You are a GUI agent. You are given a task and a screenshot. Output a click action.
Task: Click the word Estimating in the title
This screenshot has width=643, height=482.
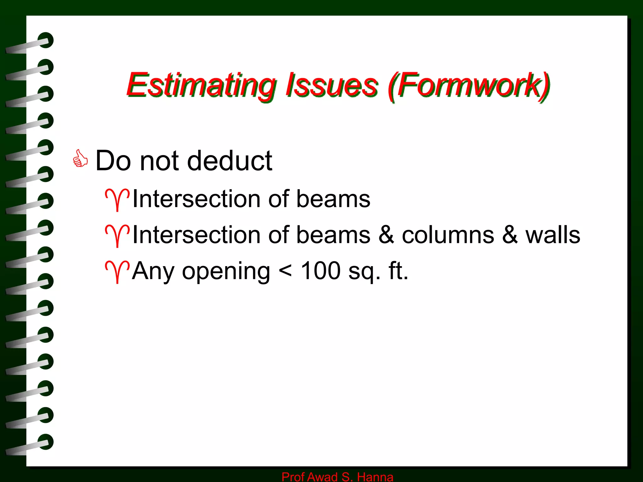point(201,85)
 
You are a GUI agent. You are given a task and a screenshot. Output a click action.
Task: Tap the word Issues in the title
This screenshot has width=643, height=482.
point(332,85)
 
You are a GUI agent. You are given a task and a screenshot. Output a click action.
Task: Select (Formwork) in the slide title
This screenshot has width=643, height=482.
point(469,85)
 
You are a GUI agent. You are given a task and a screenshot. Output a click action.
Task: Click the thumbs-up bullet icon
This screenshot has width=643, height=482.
point(80,159)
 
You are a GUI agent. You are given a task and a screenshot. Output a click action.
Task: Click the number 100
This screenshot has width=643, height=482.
point(321,270)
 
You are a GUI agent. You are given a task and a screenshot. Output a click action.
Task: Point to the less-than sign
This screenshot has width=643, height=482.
point(285,271)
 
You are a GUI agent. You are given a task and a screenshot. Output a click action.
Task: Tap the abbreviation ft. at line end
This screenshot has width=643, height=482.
point(398,270)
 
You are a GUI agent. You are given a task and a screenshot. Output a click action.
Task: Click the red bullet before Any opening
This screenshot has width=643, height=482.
point(117,271)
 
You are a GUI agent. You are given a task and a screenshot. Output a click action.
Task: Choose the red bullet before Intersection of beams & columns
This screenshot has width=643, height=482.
point(117,235)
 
